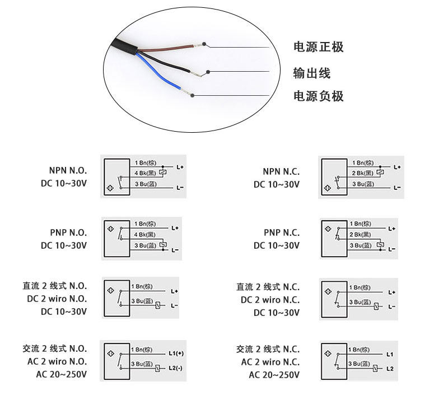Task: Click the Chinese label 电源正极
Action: tap(318, 47)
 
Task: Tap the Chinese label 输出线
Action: tap(312, 73)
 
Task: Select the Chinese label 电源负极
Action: tap(318, 96)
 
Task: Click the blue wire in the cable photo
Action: tap(158, 71)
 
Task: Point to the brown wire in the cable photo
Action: tap(166, 48)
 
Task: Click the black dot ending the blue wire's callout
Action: tap(192, 95)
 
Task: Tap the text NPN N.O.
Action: tap(68, 171)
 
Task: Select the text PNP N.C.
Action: tap(282, 232)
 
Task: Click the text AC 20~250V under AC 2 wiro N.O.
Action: tap(62, 374)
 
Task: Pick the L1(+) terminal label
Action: tap(176, 354)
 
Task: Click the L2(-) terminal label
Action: tap(175, 368)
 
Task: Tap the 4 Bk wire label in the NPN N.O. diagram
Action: tap(146, 173)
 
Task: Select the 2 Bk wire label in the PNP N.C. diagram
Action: tap(360, 234)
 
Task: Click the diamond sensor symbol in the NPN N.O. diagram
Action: tap(110, 188)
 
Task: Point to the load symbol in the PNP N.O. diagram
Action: tap(163, 245)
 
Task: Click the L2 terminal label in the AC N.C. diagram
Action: tap(390, 369)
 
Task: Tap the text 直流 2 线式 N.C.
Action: tap(268, 287)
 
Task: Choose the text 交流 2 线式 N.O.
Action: tap(54, 348)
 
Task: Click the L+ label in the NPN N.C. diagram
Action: tap(397, 168)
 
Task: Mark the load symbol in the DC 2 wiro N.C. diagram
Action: tap(376, 306)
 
